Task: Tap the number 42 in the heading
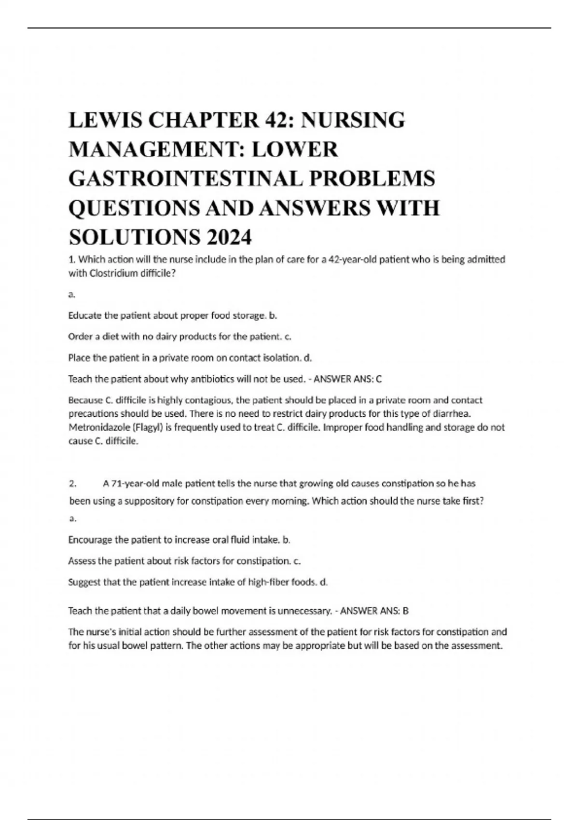click(277, 120)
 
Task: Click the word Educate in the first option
click(85, 315)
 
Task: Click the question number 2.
click(72, 483)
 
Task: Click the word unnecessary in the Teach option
click(304, 611)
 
